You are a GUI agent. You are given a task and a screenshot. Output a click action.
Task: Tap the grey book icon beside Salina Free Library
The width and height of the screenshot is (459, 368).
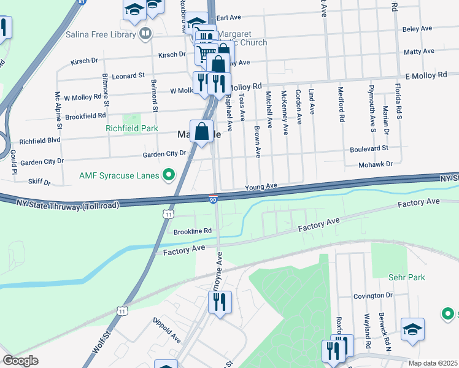pyautogui.click(x=145, y=34)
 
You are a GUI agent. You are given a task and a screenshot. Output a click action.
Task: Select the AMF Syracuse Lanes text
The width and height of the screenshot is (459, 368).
pyautogui.click(x=119, y=175)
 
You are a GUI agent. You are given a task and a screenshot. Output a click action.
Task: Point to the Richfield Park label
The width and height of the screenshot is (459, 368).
pyautogui.click(x=132, y=129)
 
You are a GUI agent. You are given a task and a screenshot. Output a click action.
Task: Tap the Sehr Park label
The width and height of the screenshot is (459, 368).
pyautogui.click(x=406, y=277)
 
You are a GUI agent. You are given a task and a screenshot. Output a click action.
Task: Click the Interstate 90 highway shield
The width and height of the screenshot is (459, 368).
pyautogui.click(x=213, y=199)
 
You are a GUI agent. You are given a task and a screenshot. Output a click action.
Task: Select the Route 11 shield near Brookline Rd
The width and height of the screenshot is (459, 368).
pyautogui.click(x=168, y=214)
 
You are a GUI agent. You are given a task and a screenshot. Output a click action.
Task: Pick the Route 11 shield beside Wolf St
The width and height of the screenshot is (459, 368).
pyautogui.click(x=123, y=312)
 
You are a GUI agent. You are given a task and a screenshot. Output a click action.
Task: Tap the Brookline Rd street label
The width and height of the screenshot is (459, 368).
pyautogui.click(x=192, y=231)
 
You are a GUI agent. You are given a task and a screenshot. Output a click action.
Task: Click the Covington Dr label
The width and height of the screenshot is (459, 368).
pyautogui.click(x=372, y=296)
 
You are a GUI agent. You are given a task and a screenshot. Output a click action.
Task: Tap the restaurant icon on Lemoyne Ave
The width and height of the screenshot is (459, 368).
pyautogui.click(x=218, y=302)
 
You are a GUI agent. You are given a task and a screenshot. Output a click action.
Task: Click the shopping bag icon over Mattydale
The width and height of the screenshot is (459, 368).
pyautogui.click(x=201, y=131)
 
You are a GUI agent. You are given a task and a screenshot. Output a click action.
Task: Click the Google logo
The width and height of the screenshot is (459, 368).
pyautogui.click(x=20, y=361)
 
